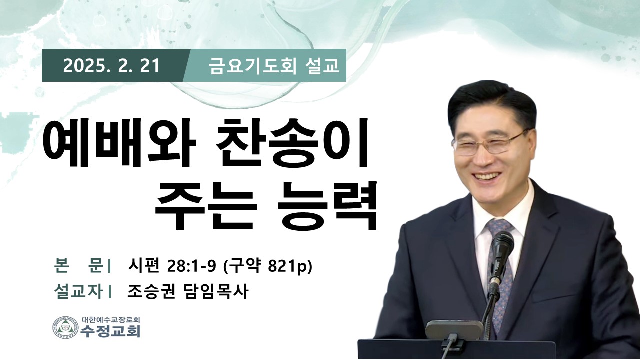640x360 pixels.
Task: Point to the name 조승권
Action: (x=151, y=292)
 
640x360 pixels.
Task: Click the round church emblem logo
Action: (x=65, y=327)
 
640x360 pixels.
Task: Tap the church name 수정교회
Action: (x=110, y=331)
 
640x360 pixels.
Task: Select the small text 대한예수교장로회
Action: (x=110, y=319)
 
